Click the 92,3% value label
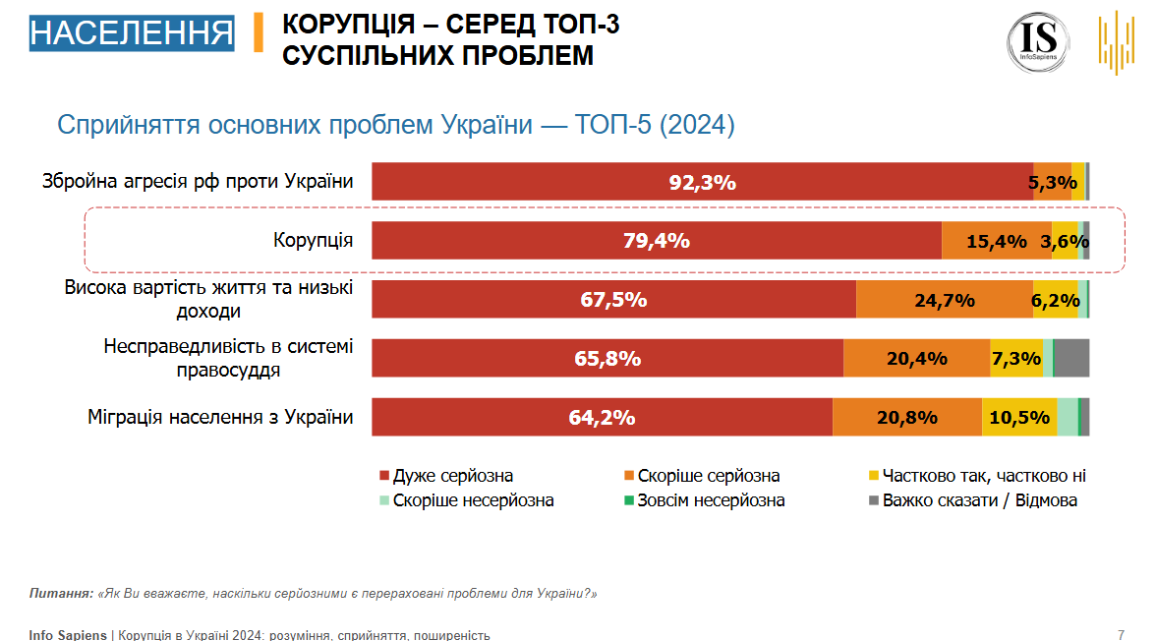click(702, 182)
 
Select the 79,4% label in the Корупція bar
click(657, 241)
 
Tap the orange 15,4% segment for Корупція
click(996, 241)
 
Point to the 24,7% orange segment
click(944, 300)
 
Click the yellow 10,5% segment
click(1019, 418)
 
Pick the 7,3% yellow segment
click(1016, 359)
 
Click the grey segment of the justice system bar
click(1071, 359)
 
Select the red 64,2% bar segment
click(602, 418)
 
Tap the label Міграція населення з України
click(220, 418)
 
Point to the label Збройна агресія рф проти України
click(198, 182)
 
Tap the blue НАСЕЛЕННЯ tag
click(132, 32)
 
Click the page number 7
click(1121, 634)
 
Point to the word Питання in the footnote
click(61, 594)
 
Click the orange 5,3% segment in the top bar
click(1052, 182)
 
